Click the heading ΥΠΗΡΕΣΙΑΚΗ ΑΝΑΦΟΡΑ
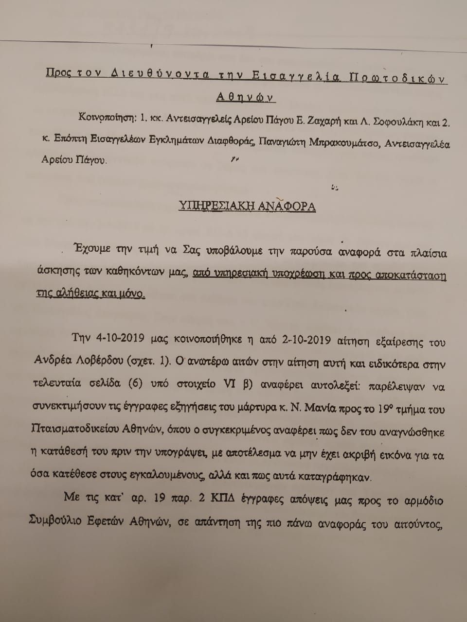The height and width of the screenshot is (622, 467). click(x=247, y=206)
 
